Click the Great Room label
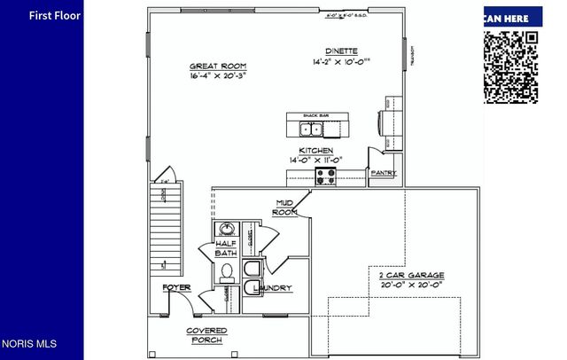coord(218,67)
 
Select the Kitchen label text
coord(315,151)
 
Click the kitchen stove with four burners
coord(326,176)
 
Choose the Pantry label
coord(383,173)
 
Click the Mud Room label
coord(284,207)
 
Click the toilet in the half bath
coord(226,270)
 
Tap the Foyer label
coord(176,288)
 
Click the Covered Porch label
coord(206,335)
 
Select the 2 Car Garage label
coord(406,275)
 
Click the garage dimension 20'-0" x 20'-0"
coord(406,286)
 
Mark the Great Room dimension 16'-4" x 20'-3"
coord(218,77)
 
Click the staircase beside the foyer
coord(166,226)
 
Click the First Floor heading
coord(54,15)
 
